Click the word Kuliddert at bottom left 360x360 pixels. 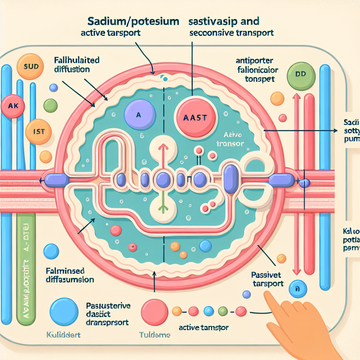click(63, 334)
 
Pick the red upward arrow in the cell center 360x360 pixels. click(163, 151)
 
